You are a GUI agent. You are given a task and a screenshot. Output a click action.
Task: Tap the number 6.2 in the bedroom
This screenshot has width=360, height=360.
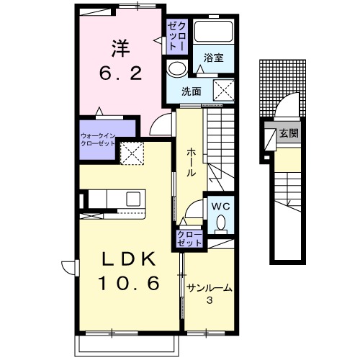tap(119, 73)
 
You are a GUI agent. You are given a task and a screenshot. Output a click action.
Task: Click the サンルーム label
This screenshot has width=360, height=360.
tap(210, 288)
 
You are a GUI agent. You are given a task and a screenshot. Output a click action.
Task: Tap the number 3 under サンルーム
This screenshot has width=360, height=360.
tap(209, 300)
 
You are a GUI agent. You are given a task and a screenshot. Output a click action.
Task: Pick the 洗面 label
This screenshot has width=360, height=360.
tap(191, 91)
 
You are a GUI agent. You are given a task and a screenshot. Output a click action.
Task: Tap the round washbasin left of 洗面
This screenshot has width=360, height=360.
tap(175, 70)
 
